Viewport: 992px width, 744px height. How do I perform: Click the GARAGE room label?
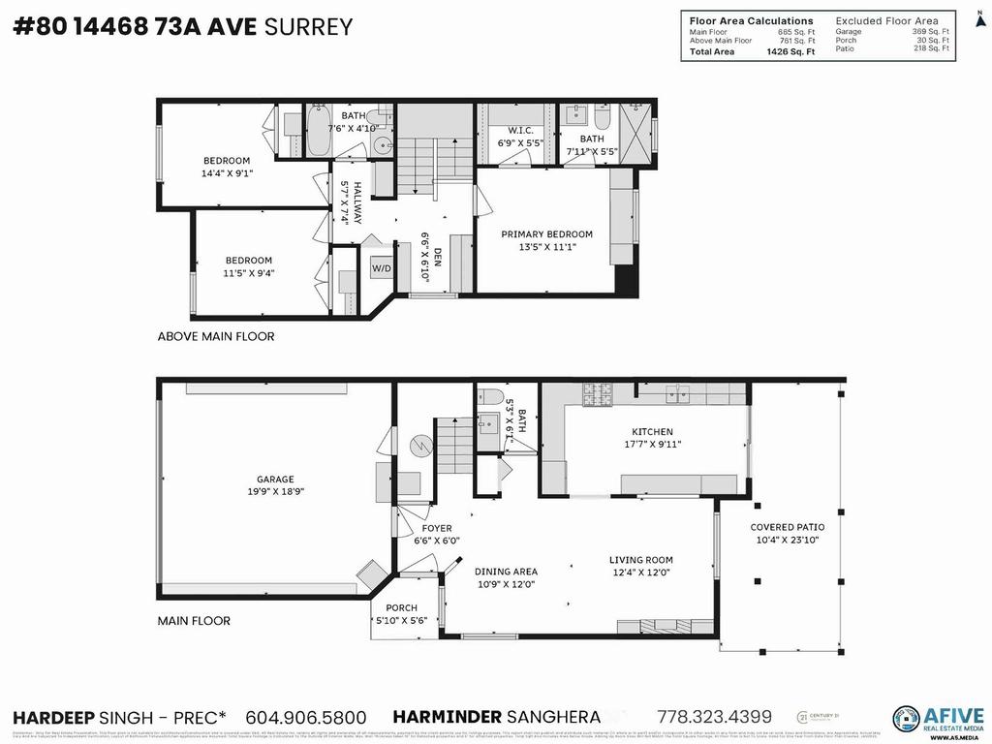tap(275, 479)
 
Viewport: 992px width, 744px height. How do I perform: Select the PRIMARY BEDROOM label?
tap(546, 234)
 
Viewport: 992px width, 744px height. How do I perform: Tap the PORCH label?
tap(401, 608)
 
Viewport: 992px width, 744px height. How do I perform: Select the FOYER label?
tap(430, 528)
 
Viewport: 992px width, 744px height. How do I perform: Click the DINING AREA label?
tap(505, 572)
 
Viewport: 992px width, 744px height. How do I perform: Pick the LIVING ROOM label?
tap(640, 560)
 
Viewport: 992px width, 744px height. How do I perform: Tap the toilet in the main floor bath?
tap(490, 395)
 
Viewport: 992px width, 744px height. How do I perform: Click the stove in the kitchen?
tap(598, 392)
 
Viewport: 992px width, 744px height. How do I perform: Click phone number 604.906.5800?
tap(305, 718)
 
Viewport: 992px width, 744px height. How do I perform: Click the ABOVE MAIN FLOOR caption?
tap(216, 336)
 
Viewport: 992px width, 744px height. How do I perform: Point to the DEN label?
tap(437, 257)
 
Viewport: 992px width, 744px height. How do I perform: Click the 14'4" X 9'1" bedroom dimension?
tap(226, 174)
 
